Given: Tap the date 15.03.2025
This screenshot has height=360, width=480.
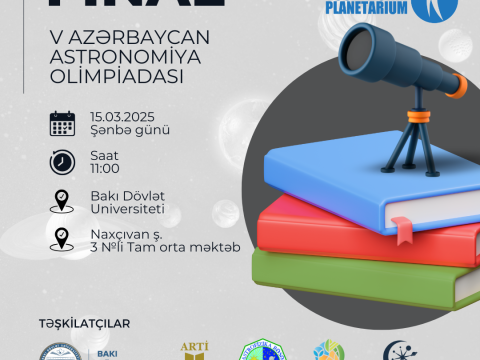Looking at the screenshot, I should point(122,115).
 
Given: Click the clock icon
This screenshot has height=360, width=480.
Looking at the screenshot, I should point(63,161).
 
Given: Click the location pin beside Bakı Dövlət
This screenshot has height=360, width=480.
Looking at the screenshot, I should point(63,200).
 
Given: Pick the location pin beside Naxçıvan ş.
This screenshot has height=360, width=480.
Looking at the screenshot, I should point(63,239).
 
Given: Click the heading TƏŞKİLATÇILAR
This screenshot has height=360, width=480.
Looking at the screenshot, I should point(85,323).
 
